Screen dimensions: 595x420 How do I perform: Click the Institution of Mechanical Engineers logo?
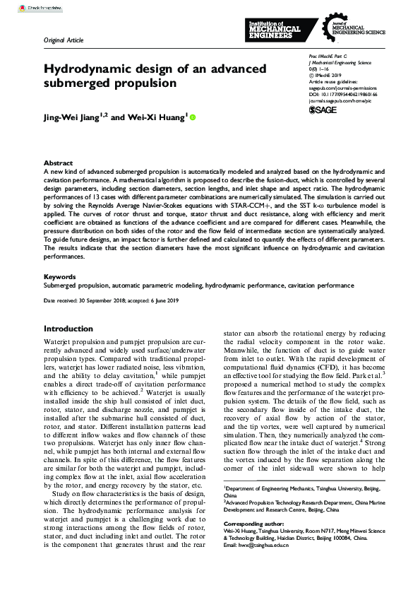point(275,30)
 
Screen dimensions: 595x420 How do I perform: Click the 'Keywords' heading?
point(60,276)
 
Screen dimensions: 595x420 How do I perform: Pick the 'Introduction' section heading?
point(73,329)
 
